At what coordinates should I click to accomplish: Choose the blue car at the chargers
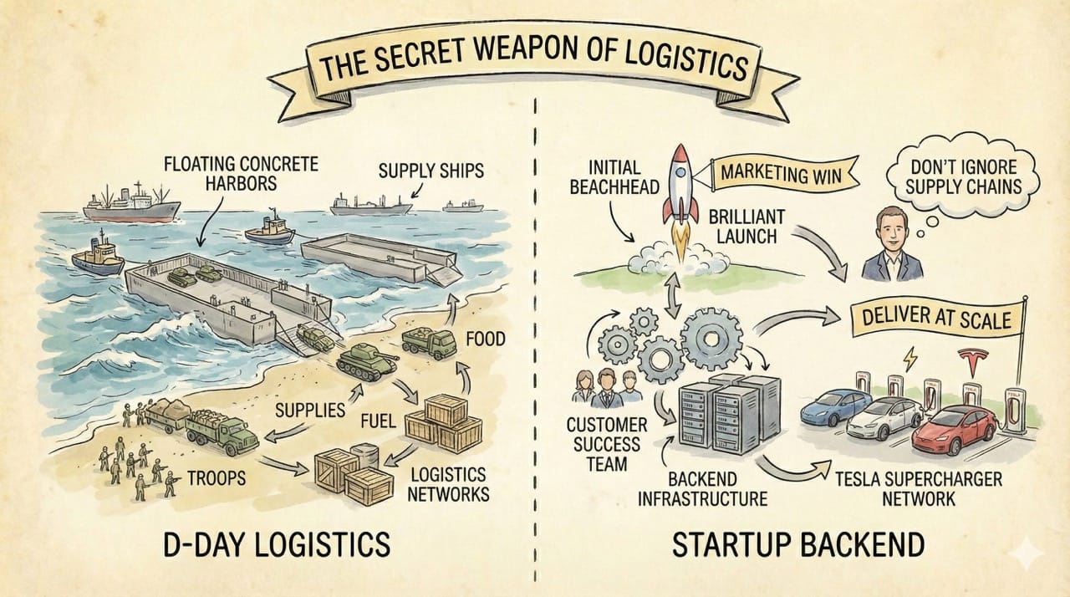(837, 406)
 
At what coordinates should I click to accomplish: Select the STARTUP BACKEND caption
(797, 543)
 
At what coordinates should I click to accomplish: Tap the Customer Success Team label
(608, 443)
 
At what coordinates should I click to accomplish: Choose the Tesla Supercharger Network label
(919, 491)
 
